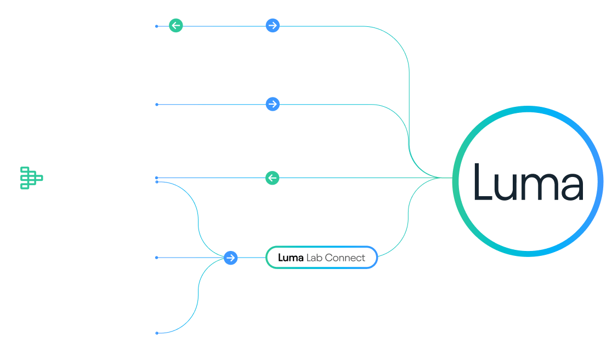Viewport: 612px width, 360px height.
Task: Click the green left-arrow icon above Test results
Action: pyautogui.click(x=176, y=25)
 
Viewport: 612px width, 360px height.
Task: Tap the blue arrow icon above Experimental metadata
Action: pyautogui.click(x=273, y=25)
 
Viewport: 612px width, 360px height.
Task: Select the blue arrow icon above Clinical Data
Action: pyautogui.click(x=273, y=104)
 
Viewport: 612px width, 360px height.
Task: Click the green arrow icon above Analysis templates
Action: pyautogui.click(x=273, y=178)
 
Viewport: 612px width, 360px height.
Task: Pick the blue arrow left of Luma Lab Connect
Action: pyautogui.click(x=231, y=258)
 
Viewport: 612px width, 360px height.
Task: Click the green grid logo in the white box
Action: pyautogui.click(x=32, y=178)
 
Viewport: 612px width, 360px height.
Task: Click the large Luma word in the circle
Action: pyautogui.click(x=528, y=181)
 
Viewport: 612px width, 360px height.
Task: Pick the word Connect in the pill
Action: pyautogui.click(x=345, y=258)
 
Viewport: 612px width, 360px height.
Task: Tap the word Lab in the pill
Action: pyautogui.click(x=314, y=258)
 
